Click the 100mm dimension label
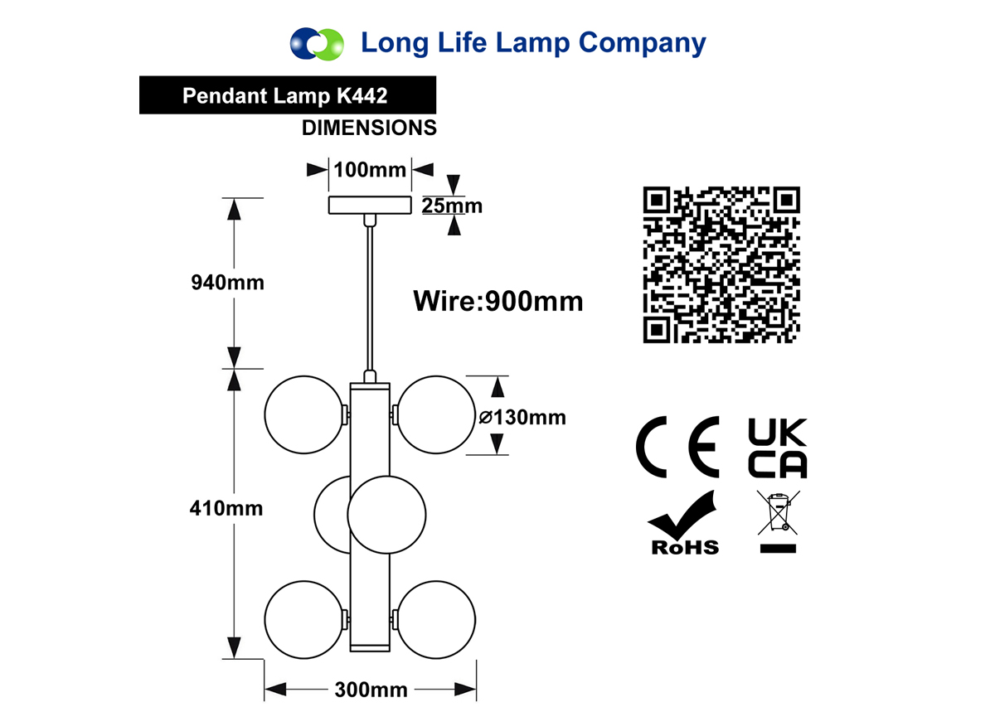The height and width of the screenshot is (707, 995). tap(370, 170)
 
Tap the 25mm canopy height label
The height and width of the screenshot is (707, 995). tap(452, 206)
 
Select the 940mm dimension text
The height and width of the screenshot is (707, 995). tap(227, 283)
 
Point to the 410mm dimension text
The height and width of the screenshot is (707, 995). tap(226, 508)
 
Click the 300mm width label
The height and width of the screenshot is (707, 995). tap(371, 690)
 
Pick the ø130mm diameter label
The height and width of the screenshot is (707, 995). tap(522, 418)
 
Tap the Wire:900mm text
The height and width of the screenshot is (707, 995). tap(498, 302)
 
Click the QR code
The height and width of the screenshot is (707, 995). tap(721, 264)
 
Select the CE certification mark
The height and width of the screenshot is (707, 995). tap(677, 447)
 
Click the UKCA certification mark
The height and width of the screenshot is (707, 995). tap(778, 448)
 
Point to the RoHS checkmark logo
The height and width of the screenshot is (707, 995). tap(684, 523)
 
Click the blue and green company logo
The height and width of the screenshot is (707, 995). tap(317, 44)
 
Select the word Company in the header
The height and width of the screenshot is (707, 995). tap(643, 43)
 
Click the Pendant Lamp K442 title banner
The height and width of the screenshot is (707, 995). tap(288, 95)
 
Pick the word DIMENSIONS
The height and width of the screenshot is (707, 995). tap(369, 128)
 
